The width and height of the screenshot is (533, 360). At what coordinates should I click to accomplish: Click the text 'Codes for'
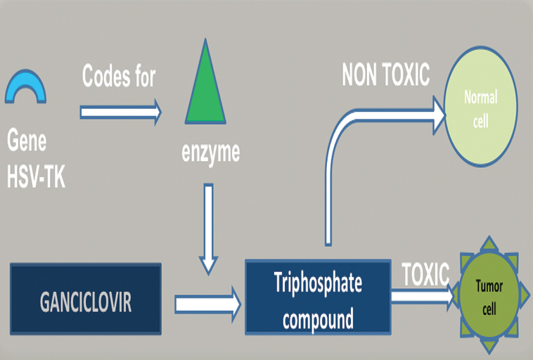tap(119, 76)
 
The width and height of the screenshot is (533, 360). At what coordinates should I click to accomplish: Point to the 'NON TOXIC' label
tap(385, 75)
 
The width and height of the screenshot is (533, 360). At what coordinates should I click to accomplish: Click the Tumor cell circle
tap(490, 297)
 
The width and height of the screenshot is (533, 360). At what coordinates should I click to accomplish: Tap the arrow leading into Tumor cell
tap(422, 297)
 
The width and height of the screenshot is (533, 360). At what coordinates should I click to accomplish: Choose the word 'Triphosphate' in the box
tap(318, 283)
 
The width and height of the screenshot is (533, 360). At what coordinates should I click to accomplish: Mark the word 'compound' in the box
tap(318, 320)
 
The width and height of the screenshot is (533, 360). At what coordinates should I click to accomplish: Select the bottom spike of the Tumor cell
tap(490, 349)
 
